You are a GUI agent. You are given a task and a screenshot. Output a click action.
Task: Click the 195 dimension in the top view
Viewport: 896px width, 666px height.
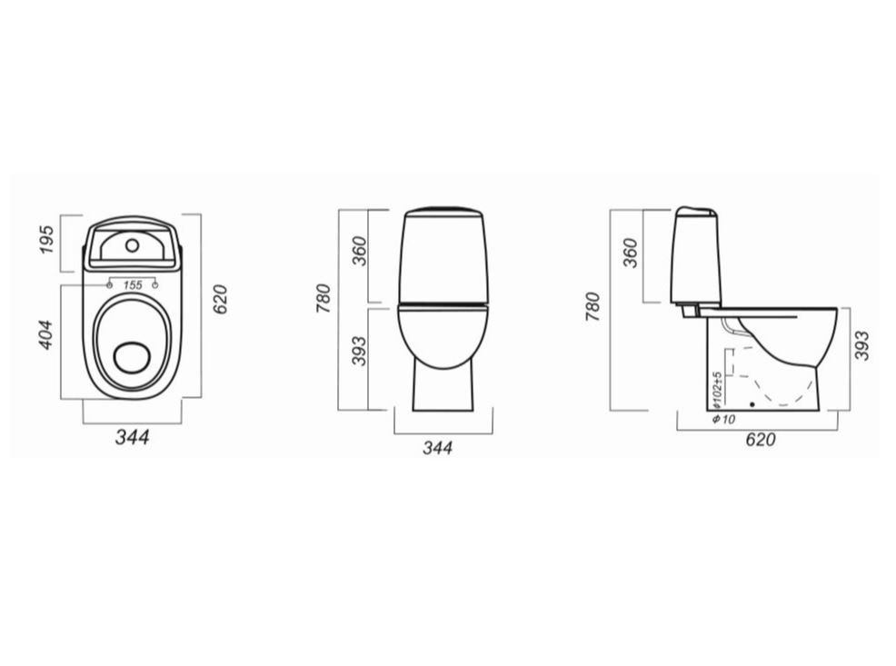pyautogui.click(x=47, y=240)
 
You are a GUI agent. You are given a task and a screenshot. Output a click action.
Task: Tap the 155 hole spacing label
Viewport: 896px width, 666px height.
pyautogui.click(x=133, y=284)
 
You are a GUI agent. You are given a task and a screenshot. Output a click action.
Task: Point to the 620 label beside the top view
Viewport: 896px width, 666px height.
pyautogui.click(x=220, y=299)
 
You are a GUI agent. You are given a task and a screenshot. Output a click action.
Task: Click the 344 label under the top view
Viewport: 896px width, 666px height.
pyautogui.click(x=133, y=438)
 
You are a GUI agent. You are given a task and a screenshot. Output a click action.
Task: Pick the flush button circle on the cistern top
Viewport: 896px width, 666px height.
pyautogui.click(x=133, y=245)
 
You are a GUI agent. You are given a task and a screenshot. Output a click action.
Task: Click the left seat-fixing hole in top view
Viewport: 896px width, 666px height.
pyautogui.click(x=110, y=284)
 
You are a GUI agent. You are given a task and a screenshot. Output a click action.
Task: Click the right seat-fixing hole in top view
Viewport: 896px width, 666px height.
pyautogui.click(x=154, y=284)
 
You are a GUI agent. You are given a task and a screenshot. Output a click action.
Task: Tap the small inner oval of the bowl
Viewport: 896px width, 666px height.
pyautogui.click(x=133, y=357)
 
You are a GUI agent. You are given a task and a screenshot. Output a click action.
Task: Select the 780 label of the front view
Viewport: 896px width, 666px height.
pyautogui.click(x=324, y=298)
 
